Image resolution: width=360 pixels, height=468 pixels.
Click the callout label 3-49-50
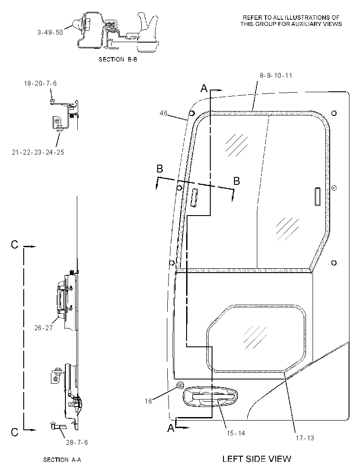point(50,32)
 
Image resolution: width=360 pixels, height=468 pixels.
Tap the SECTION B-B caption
point(118,59)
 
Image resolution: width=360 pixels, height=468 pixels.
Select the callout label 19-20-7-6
point(40,83)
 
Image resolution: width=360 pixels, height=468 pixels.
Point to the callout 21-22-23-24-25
point(38,152)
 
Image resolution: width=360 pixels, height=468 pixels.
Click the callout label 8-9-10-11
point(276,76)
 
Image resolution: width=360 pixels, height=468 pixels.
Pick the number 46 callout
point(163,113)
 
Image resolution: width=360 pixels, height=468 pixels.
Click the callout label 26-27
point(43,328)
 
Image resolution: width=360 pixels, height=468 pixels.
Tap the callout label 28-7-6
point(77,443)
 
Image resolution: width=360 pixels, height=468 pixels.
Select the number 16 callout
point(148,401)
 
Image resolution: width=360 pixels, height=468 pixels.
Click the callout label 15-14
point(236,433)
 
